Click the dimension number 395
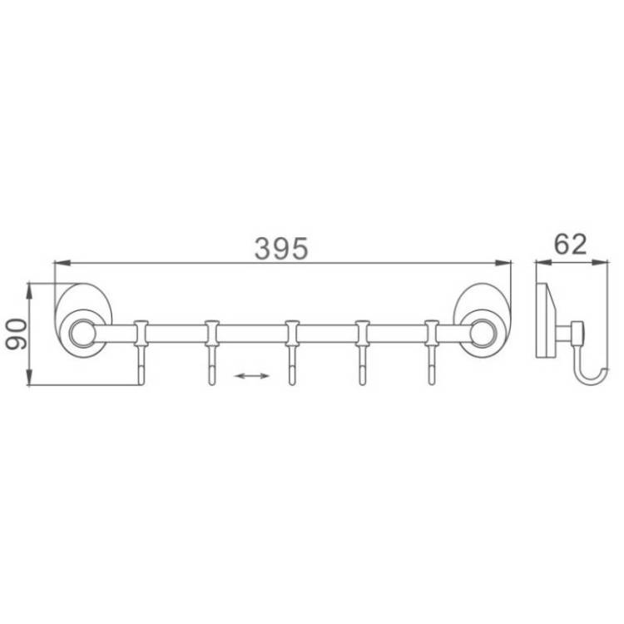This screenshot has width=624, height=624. point(281,248)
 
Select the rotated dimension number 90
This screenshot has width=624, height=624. point(17,334)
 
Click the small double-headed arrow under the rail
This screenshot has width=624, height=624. point(252,376)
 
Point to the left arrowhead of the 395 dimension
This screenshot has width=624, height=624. point(62,263)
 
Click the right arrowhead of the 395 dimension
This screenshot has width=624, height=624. point(503,263)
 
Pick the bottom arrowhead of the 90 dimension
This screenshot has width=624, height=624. point(29,377)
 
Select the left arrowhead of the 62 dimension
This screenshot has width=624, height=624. point(543,262)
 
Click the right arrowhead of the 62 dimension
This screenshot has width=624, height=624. point(600,262)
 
